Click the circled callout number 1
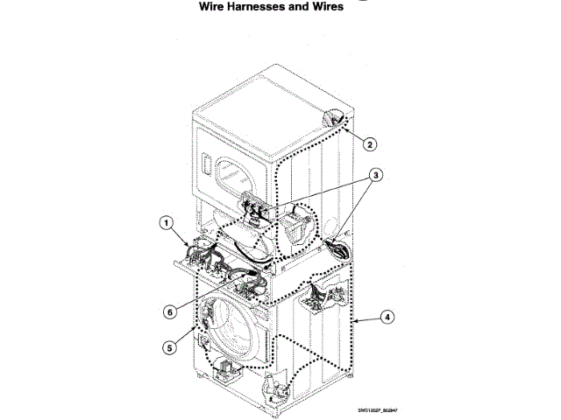[166, 223]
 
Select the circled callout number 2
[371, 144]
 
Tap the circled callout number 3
[375, 174]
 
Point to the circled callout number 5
[168, 346]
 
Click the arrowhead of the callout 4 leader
[353, 322]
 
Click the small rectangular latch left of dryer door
[204, 164]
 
